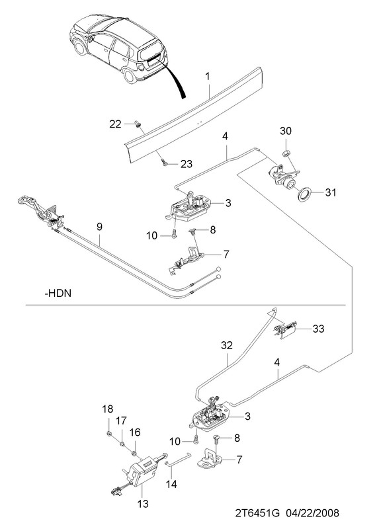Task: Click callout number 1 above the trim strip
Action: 208,77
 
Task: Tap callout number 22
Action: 115,124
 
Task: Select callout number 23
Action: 187,164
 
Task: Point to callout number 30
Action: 286,130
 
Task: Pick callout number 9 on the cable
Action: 99,226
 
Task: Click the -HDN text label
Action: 58,292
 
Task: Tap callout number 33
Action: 318,328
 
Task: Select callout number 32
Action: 227,345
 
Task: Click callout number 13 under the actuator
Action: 143,504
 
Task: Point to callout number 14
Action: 171,484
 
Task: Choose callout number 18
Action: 108,409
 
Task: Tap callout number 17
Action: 121,421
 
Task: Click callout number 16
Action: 135,432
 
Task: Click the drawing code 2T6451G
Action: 257,513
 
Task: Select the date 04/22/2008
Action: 313,513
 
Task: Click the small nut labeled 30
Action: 286,153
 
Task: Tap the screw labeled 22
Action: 138,124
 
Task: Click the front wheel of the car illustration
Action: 80,48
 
